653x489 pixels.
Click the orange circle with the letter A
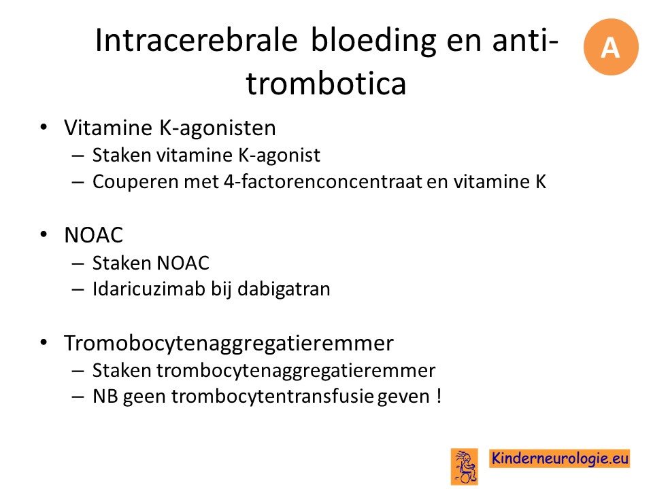[611, 47]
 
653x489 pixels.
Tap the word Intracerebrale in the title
[196, 40]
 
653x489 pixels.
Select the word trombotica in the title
[326, 83]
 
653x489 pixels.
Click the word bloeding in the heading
[373, 40]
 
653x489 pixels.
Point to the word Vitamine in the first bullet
[109, 127]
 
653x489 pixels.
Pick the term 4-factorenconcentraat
[322, 181]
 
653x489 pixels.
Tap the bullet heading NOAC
[94, 235]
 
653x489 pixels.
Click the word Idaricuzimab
[149, 289]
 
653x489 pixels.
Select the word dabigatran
[284, 289]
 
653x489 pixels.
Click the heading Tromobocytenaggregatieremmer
[229, 344]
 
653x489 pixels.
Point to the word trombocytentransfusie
[272, 396]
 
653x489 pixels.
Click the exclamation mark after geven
[439, 395]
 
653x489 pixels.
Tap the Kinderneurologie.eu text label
[560, 458]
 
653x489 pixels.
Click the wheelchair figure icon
[465, 466]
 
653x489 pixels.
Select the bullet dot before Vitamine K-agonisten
[44, 127]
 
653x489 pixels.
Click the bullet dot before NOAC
[44, 235]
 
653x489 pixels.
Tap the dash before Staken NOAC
[78, 264]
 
